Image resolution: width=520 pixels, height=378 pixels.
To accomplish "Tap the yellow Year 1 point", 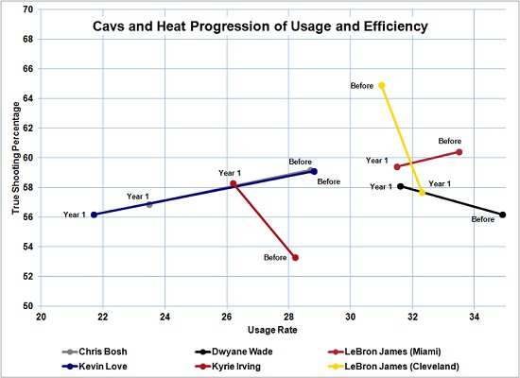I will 422,192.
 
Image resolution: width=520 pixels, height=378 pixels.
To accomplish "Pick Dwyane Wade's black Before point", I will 503,215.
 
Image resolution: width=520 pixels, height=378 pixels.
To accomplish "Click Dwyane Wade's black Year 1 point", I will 401,186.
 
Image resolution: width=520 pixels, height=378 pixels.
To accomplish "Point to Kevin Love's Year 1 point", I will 94,215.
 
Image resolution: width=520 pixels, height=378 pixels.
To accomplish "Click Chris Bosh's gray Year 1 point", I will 149,204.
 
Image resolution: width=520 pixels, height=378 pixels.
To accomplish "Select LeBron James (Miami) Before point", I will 459,151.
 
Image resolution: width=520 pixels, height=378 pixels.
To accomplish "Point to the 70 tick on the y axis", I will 27,9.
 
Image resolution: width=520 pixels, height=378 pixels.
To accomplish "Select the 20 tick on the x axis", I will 41,315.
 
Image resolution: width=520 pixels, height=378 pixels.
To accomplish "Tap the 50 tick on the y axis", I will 27,306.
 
